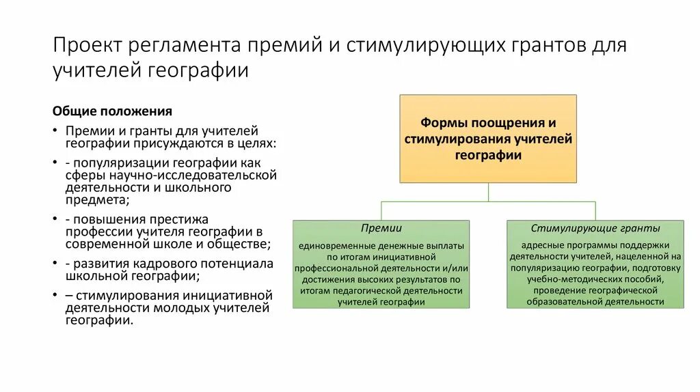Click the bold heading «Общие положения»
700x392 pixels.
point(112,111)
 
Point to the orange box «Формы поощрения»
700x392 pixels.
point(487,139)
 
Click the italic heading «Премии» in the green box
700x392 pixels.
point(381,228)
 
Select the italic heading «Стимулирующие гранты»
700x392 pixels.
point(595,228)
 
